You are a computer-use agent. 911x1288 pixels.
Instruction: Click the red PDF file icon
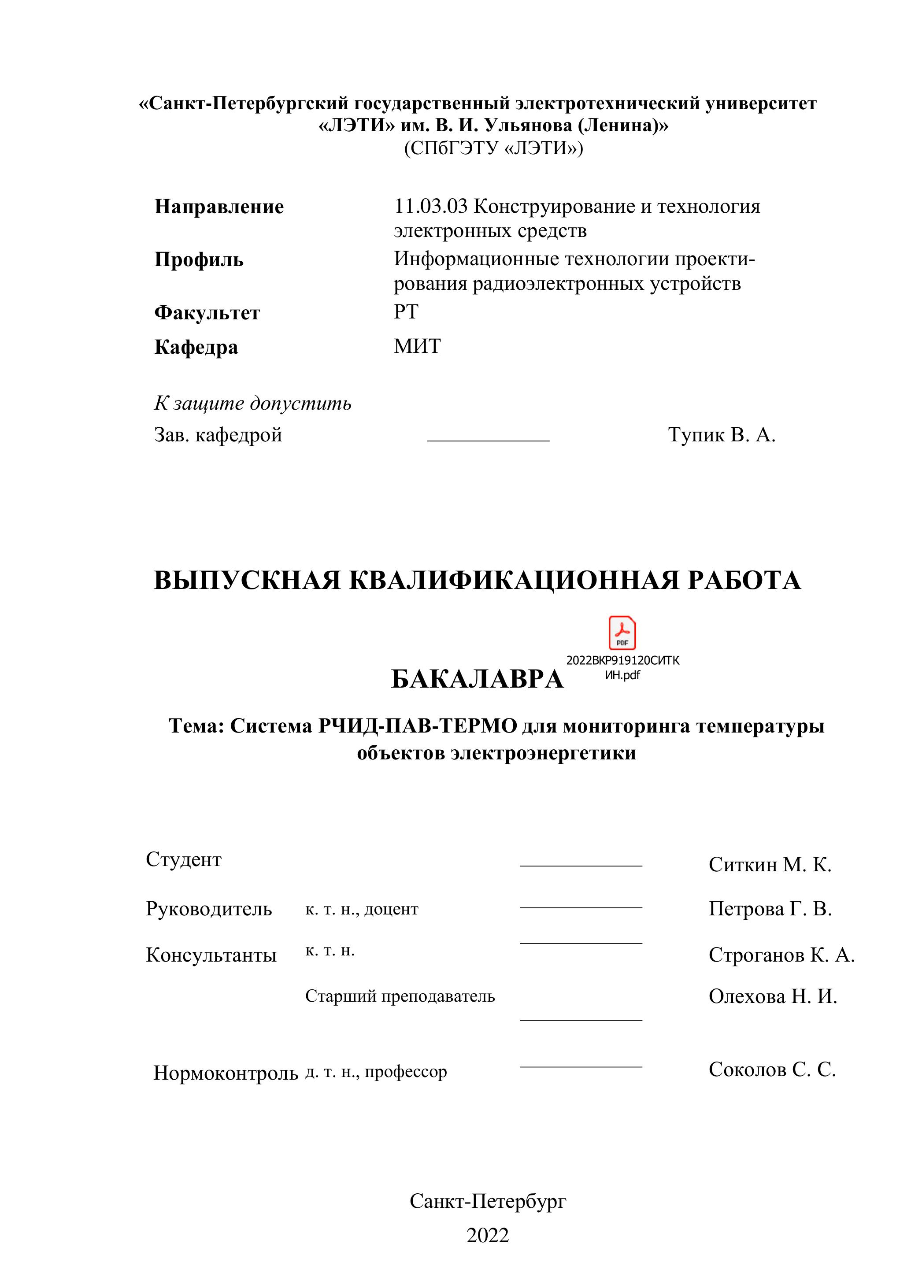(622, 633)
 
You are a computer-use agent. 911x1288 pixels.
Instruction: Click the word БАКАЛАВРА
(477, 679)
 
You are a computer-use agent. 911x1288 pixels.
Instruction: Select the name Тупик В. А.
(722, 435)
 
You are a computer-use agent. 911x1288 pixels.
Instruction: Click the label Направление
(219, 207)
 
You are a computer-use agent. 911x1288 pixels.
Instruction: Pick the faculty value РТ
(406, 311)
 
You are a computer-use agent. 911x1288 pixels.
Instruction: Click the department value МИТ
(417, 346)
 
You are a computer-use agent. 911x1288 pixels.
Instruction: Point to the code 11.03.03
(431, 207)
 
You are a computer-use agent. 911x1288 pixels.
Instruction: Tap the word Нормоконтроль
(226, 1073)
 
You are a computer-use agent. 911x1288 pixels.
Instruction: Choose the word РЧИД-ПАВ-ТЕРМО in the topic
(417, 726)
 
